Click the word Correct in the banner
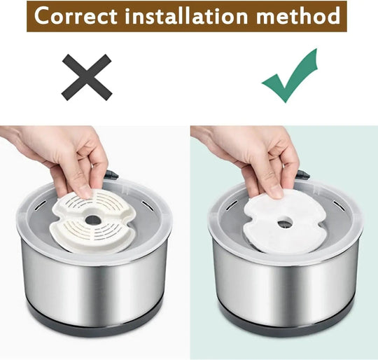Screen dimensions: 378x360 (76, 15)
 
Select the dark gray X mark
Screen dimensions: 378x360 (87, 77)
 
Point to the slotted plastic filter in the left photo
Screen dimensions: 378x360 (92, 221)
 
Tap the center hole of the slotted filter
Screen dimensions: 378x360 (93, 220)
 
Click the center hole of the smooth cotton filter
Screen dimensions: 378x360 (284, 224)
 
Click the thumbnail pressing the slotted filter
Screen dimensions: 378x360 (85, 192)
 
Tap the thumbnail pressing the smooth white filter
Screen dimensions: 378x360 (276, 192)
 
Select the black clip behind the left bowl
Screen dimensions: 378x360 (112, 174)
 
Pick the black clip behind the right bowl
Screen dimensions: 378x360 (303, 174)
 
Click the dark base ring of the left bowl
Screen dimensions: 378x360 (94, 324)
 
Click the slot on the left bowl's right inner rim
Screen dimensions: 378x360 (147, 205)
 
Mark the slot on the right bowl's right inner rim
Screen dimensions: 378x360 (339, 205)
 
